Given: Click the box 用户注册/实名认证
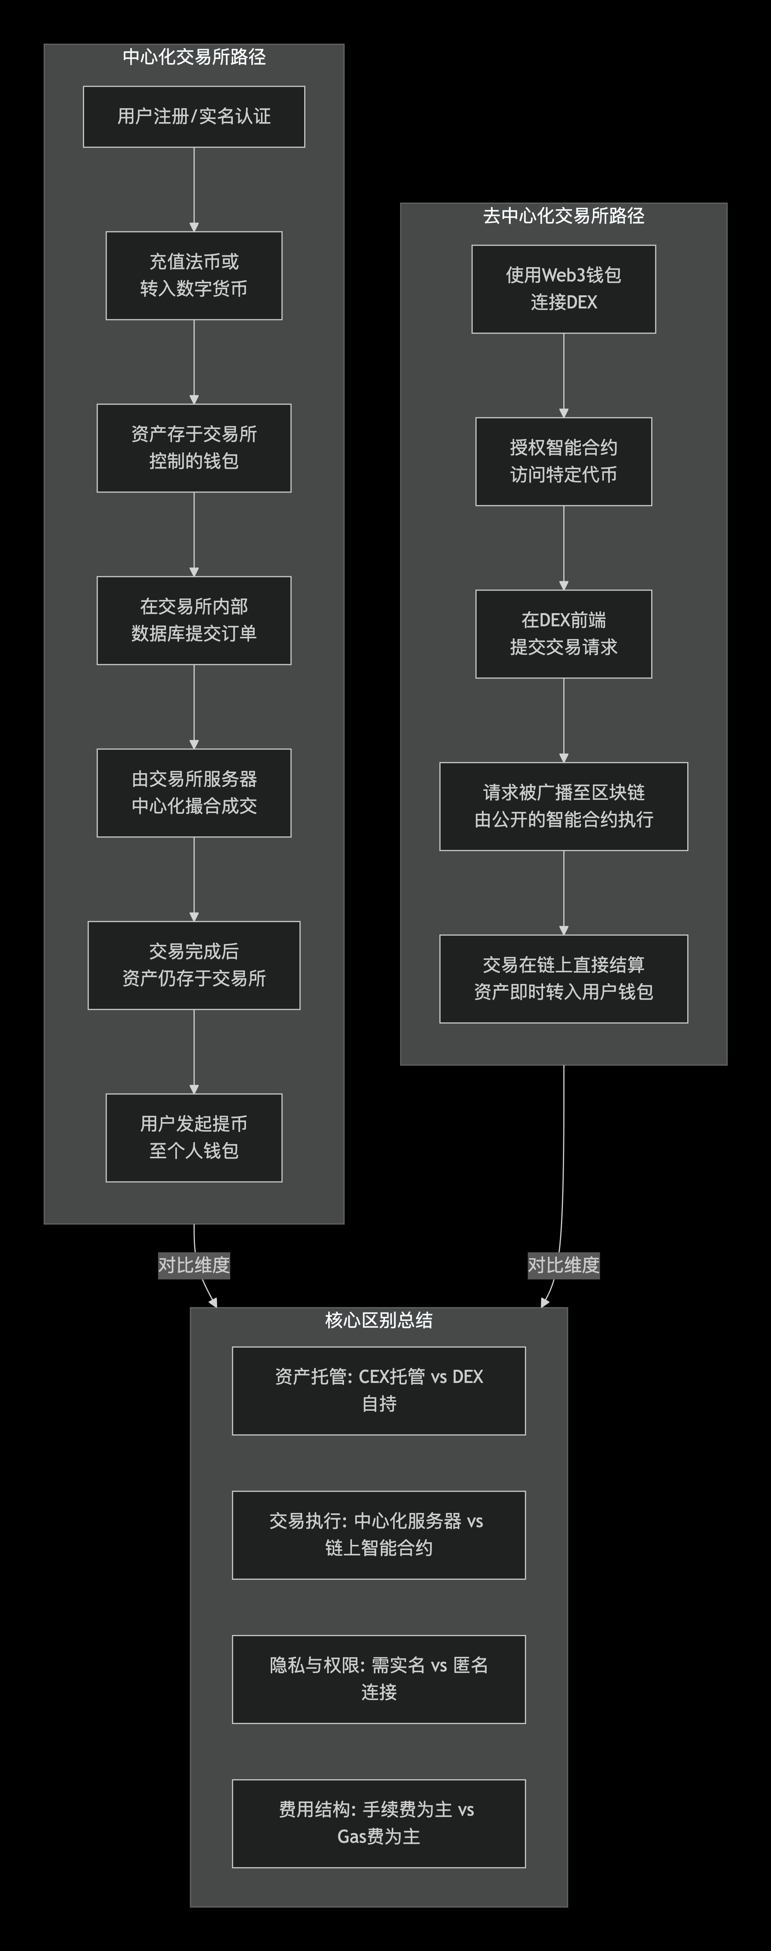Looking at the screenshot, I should pyautogui.click(x=194, y=116).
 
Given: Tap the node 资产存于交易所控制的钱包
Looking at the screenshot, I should pyautogui.click(x=194, y=447).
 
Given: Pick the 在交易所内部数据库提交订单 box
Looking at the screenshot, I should pyautogui.click(x=194, y=620).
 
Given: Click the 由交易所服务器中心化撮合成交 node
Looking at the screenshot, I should pyautogui.click(x=194, y=793).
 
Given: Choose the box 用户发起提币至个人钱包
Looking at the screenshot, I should pyautogui.click(x=194, y=1138).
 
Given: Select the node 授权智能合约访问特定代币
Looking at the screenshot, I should pyautogui.click(x=563, y=461).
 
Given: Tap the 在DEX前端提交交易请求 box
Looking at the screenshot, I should pyautogui.click(x=563, y=634).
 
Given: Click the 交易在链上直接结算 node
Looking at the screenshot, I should pyautogui.click(x=563, y=979).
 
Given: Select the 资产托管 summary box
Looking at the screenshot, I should pyautogui.click(x=379, y=1390).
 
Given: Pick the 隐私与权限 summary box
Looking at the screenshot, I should pyautogui.click(x=379, y=1679).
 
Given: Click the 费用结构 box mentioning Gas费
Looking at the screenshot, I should pyautogui.click(x=379, y=1823).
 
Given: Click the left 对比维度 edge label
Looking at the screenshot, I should pyautogui.click(x=194, y=1265).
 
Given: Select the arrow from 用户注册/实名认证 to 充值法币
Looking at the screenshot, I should pyautogui.click(x=194, y=189).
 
